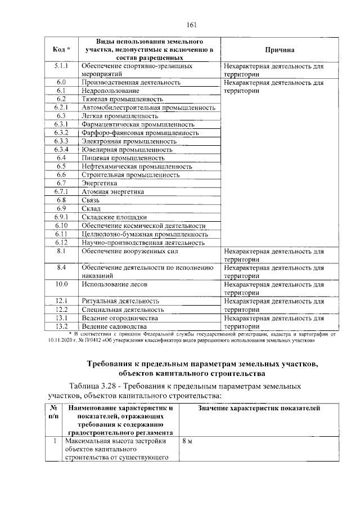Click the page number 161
click(190, 24)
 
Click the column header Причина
click(274, 50)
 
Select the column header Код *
click(61, 50)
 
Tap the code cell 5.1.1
click(61, 66)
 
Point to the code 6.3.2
click(61, 133)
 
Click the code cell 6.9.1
click(61, 217)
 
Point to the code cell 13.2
click(61, 326)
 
